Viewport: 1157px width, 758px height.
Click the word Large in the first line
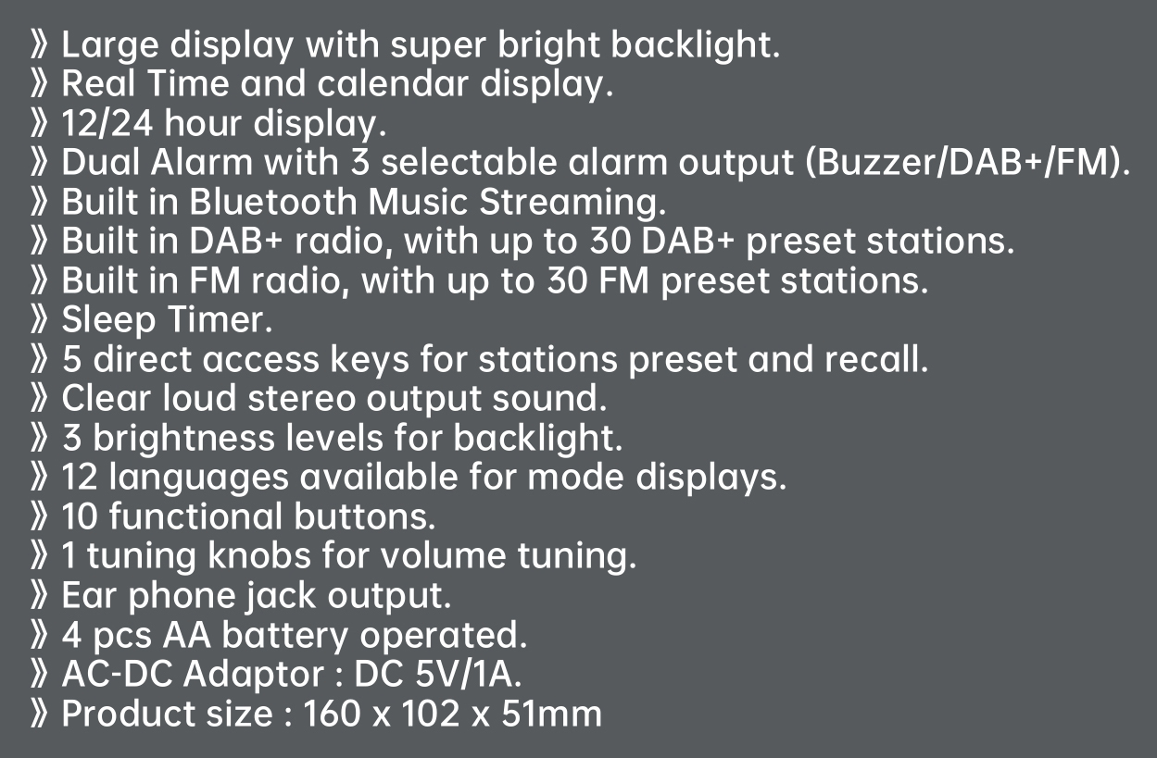point(110,45)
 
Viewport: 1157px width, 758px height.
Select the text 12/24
point(107,124)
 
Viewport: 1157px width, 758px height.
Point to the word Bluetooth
point(273,202)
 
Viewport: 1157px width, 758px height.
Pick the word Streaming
point(572,203)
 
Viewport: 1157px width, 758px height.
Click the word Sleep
point(108,320)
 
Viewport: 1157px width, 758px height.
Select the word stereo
point(302,399)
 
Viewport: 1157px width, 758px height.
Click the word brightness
point(184,439)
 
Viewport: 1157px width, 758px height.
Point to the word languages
point(199,478)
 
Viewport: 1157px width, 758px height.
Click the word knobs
point(259,555)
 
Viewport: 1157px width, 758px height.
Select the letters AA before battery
point(186,635)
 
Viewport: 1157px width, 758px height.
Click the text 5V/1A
point(469,675)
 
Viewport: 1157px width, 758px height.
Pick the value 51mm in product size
point(552,715)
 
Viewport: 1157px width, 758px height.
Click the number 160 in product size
point(333,715)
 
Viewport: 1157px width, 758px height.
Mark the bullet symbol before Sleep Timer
point(39,320)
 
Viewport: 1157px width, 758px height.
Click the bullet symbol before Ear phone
point(39,595)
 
